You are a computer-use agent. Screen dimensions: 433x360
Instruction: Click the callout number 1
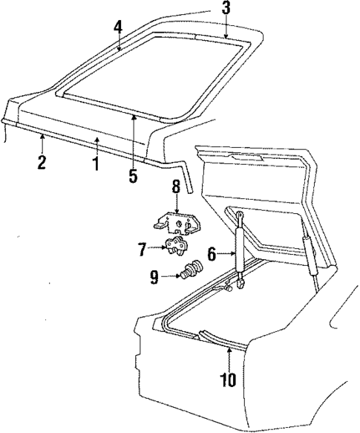pyautogui.click(x=95, y=163)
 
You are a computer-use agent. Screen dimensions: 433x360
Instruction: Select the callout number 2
pyautogui.click(x=42, y=162)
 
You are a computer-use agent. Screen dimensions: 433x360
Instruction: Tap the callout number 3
pyautogui.click(x=226, y=9)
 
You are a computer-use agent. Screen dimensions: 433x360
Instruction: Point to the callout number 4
pyautogui.click(x=117, y=27)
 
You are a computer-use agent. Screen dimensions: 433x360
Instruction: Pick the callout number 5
pyautogui.click(x=131, y=178)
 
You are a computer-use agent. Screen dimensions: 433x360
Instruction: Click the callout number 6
pyautogui.click(x=212, y=254)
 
